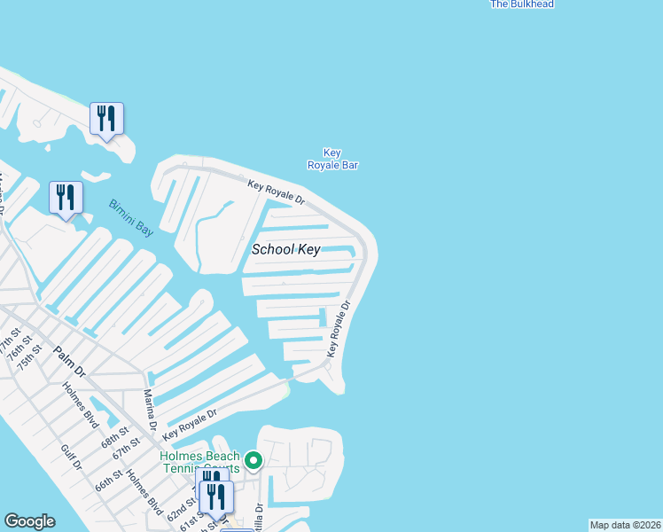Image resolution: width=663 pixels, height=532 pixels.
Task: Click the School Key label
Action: pos(285,249)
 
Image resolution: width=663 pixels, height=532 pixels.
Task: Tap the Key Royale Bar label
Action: pos(332,159)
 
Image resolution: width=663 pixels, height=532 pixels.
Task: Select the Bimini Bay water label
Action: pos(131,217)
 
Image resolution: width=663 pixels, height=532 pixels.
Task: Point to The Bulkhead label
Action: pos(522,4)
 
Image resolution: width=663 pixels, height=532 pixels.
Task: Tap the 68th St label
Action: pos(115,439)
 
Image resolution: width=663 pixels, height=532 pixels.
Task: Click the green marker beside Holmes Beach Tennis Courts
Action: pos(253,460)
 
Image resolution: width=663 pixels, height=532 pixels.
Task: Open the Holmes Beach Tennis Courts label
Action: pos(199,462)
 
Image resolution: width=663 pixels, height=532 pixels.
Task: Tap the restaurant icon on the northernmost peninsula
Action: pos(106,118)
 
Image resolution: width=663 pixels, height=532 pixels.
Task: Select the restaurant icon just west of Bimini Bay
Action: pos(66,197)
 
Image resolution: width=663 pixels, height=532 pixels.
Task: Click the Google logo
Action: pos(29,521)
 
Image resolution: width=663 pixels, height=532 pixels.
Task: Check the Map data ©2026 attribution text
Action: pos(625,525)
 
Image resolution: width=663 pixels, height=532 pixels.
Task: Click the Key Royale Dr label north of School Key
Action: pos(276,192)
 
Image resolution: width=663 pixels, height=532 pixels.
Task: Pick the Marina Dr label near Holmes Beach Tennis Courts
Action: pos(149,411)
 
